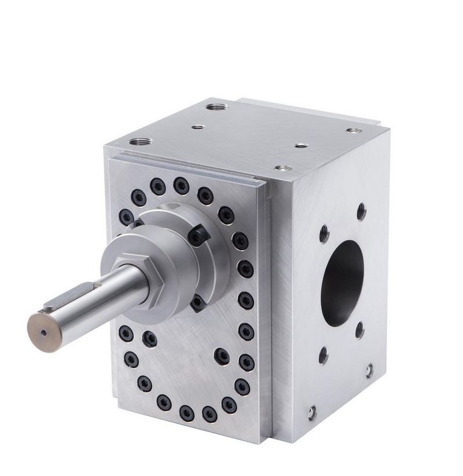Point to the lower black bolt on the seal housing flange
click(197, 301)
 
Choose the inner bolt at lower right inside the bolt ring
click(221, 354)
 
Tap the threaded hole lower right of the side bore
click(359, 330)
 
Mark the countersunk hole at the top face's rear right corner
click(351, 130)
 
